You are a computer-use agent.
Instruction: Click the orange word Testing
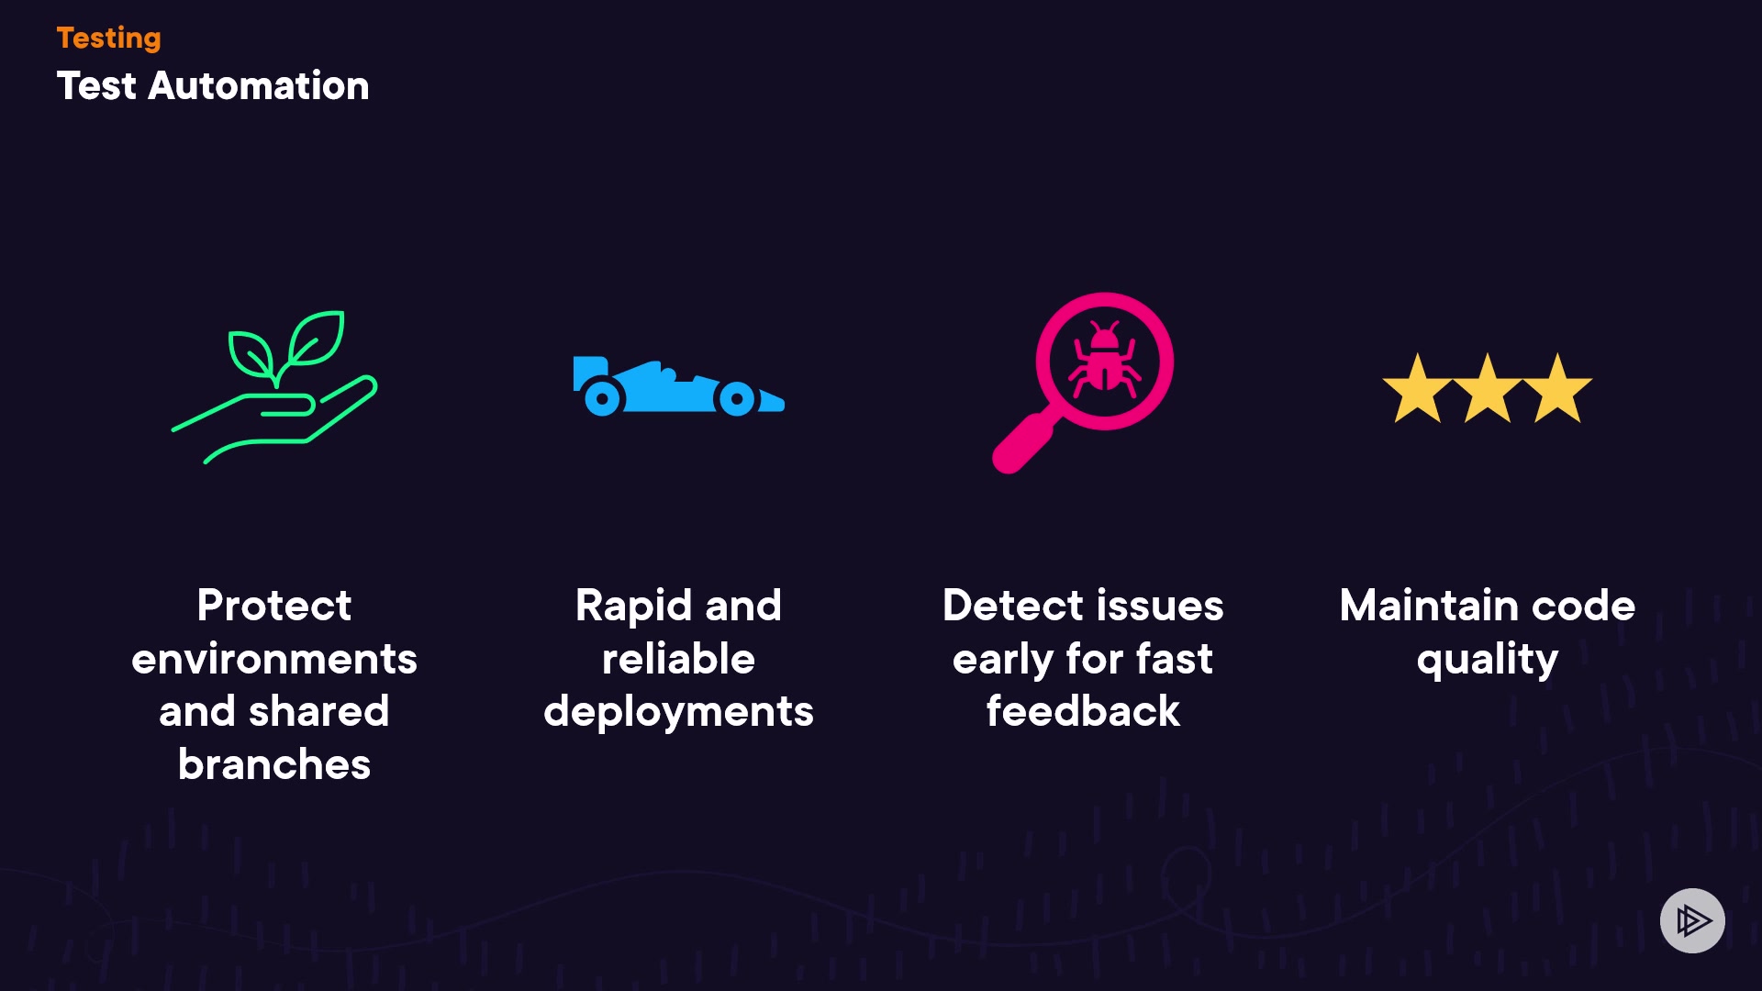108,38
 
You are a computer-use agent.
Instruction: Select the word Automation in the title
258,86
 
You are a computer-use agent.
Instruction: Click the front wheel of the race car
736,399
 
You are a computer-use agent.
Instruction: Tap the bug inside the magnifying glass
1104,360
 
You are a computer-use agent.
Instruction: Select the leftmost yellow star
1417,390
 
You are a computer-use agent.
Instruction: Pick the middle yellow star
1487,390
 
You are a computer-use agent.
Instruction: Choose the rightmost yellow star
1557,390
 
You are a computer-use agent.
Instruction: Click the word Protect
273,606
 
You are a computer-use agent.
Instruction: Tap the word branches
273,764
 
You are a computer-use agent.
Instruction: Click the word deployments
678,712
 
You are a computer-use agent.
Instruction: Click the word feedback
1083,712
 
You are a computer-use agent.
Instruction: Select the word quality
1487,661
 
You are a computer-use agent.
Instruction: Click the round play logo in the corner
1692,920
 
